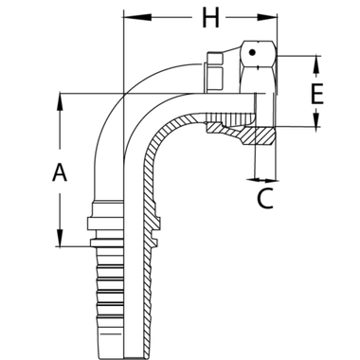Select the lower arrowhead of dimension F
316,123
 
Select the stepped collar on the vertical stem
95,225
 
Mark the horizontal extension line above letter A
90,92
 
